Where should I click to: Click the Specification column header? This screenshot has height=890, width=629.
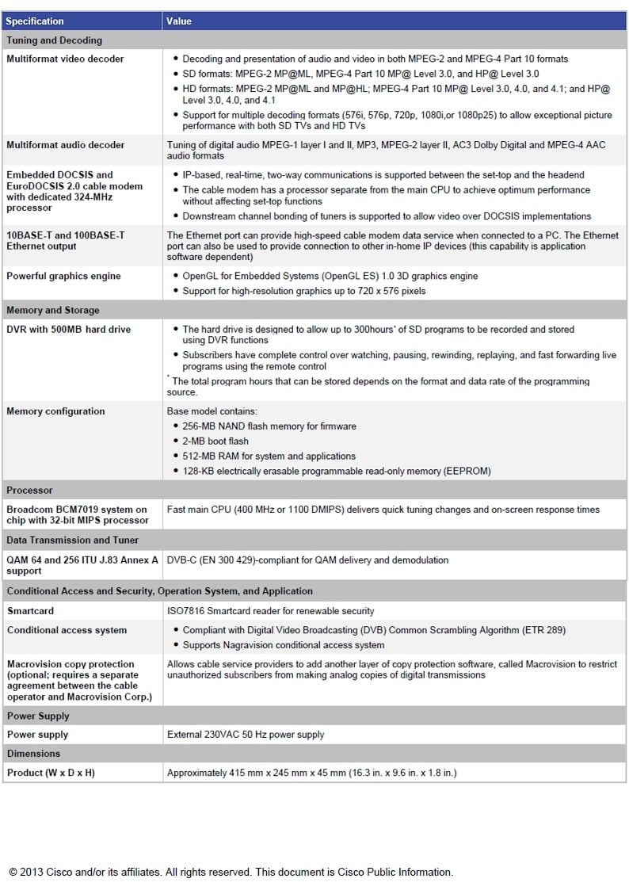coord(35,21)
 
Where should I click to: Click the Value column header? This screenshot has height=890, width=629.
coord(179,21)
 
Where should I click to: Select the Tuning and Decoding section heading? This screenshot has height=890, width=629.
coord(54,40)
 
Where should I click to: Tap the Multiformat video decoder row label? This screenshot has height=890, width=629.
coord(65,59)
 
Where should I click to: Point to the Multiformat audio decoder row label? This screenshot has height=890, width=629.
coord(65,145)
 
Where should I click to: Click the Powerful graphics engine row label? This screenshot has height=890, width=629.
coord(63,276)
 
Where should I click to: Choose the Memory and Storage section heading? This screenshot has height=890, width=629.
coord(53,310)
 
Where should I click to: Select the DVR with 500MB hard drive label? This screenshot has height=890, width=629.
coord(69,329)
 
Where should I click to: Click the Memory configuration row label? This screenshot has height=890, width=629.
coord(55,411)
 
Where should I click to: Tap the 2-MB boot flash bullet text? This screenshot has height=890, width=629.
coord(215,441)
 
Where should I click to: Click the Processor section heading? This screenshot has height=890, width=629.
coord(30,491)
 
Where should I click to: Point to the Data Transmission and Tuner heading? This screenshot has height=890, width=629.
coord(72,540)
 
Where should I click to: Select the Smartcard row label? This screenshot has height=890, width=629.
coord(31,611)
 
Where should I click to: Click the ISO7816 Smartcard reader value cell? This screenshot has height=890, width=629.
coord(270,611)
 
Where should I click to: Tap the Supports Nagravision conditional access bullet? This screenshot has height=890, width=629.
coord(283,645)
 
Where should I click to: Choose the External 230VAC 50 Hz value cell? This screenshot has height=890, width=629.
coord(246,735)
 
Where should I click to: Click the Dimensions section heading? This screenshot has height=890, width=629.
coord(33,754)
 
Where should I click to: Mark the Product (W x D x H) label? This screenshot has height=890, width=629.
coord(51,773)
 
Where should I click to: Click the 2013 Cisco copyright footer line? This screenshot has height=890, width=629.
coord(231,872)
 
